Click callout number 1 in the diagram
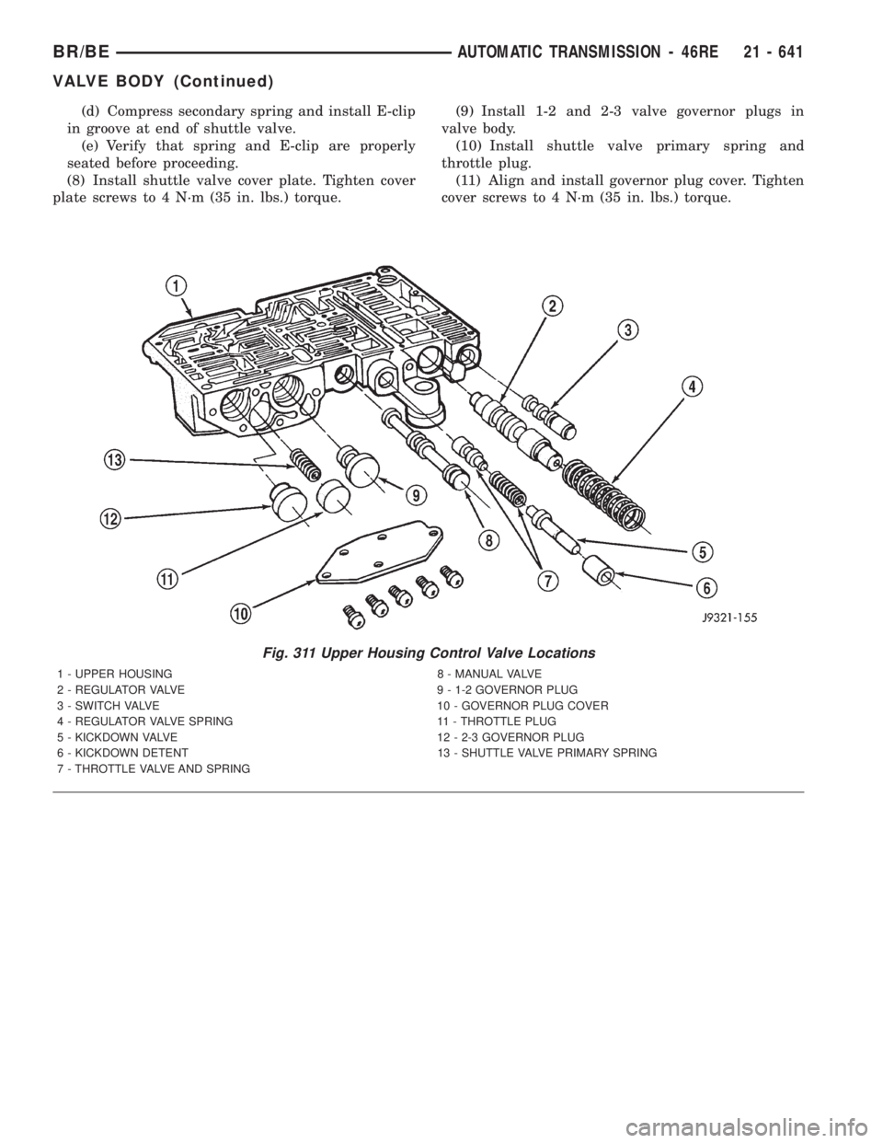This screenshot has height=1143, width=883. [x=178, y=287]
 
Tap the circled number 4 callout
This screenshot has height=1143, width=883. [x=693, y=387]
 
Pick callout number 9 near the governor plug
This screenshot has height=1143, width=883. [x=415, y=494]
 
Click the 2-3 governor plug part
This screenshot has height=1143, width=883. [x=287, y=502]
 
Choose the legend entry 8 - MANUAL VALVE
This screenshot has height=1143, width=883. [x=488, y=674]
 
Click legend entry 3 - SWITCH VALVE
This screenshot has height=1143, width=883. [x=109, y=705]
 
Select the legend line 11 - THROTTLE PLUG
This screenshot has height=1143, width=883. [x=496, y=722]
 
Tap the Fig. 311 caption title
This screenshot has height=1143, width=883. [x=429, y=653]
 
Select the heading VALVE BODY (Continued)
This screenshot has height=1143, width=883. [x=163, y=82]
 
